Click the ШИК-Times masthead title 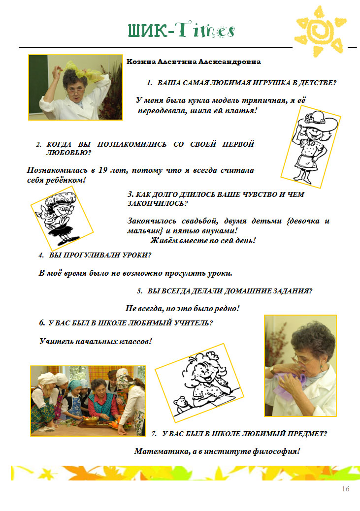[x=181, y=31]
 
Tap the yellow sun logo [x=320, y=31]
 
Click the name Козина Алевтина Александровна [x=194, y=62]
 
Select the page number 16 [x=346, y=488]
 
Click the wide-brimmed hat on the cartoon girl [x=317, y=121]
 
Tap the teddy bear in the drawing [x=180, y=405]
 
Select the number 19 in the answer [x=103, y=170]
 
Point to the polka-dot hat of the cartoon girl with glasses [x=61, y=198]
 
